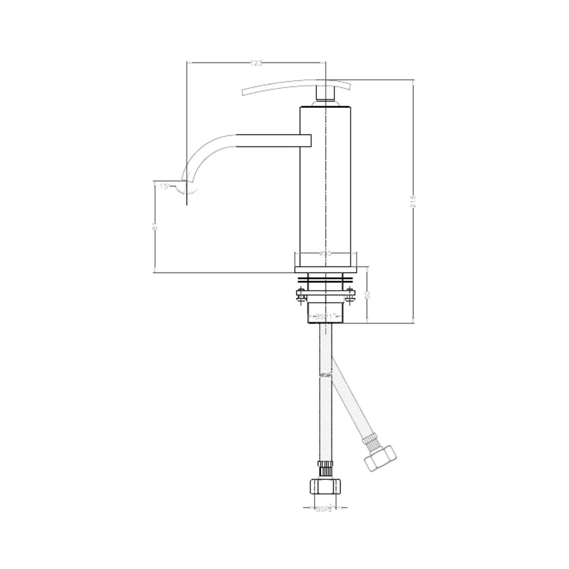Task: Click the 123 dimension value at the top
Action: tap(256, 63)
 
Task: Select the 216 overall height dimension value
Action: tap(413, 201)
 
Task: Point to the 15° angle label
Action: tap(164, 186)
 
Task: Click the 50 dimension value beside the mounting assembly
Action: tap(367, 295)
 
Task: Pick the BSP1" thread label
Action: tap(325, 316)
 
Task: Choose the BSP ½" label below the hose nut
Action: tap(325, 508)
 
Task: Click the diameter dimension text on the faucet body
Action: tap(326, 253)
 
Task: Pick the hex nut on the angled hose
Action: tap(381, 458)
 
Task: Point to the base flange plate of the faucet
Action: tap(326, 270)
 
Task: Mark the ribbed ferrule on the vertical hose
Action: tap(325, 469)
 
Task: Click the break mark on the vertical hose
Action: tap(325, 375)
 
